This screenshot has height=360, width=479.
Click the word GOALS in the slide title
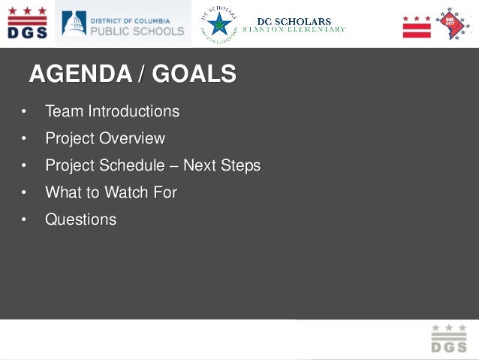click(x=197, y=74)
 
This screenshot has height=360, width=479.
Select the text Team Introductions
click(x=112, y=111)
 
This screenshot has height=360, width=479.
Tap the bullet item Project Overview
click(x=104, y=138)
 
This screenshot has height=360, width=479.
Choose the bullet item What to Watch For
click(x=111, y=192)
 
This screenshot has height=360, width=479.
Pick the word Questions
click(x=80, y=219)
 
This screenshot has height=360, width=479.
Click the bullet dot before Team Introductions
click(x=23, y=112)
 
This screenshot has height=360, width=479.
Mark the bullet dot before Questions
click(x=23, y=220)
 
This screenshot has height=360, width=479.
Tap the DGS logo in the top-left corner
click(x=27, y=23)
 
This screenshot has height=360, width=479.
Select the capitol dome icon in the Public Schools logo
click(x=74, y=23)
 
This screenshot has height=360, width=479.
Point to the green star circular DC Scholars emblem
click(x=218, y=23)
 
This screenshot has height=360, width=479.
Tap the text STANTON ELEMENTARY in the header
click(x=294, y=29)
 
